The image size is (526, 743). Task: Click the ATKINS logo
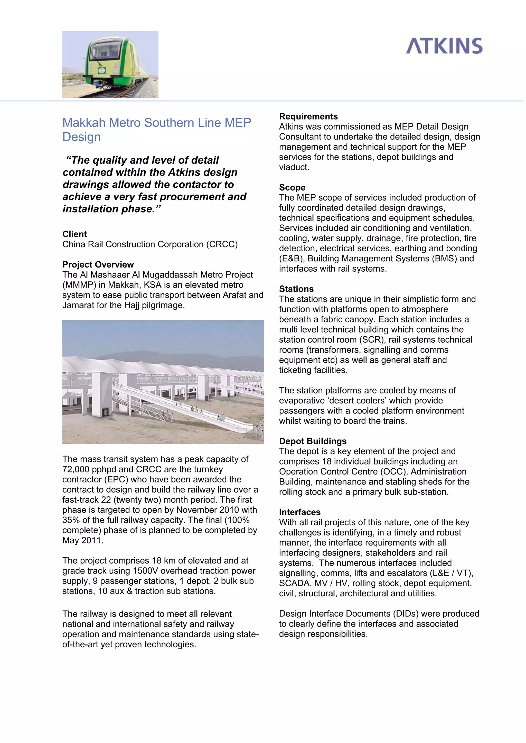(444, 46)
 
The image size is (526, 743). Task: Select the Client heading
(74, 234)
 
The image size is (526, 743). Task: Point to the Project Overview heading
(98, 264)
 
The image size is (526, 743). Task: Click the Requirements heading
(308, 116)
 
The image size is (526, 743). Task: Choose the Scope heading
(292, 187)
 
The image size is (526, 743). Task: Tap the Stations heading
(296, 289)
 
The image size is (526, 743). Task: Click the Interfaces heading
(300, 512)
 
